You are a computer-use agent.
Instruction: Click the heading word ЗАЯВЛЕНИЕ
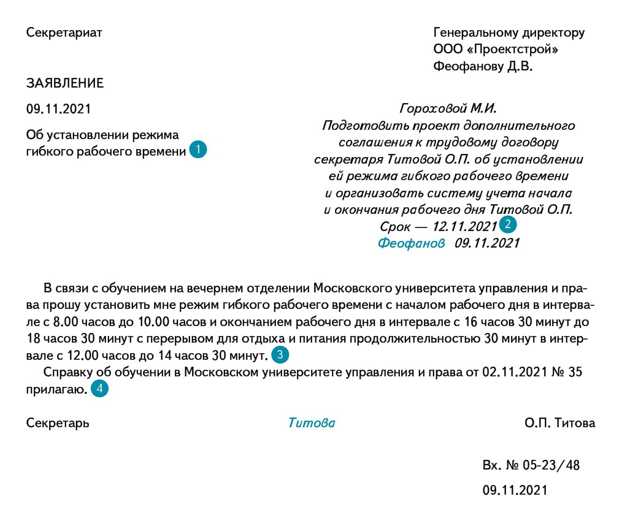(x=65, y=83)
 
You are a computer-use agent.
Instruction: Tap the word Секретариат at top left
(x=64, y=32)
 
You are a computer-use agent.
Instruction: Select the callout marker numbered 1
(x=198, y=150)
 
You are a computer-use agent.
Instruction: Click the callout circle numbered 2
(x=508, y=224)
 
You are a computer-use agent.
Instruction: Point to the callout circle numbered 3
(x=280, y=354)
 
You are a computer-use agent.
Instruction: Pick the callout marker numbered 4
(x=99, y=389)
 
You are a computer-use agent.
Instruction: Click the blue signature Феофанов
(x=411, y=243)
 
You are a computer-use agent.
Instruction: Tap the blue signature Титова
(x=312, y=423)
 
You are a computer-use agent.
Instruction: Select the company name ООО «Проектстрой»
(x=496, y=49)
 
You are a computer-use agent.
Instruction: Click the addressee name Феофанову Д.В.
(x=483, y=66)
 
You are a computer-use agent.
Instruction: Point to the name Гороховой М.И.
(x=448, y=109)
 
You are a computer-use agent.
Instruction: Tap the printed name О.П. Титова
(x=559, y=423)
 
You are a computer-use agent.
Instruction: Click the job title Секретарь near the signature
(x=58, y=423)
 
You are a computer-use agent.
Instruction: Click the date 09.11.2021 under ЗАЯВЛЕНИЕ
(x=58, y=109)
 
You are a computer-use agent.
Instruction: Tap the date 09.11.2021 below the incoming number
(x=515, y=490)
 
